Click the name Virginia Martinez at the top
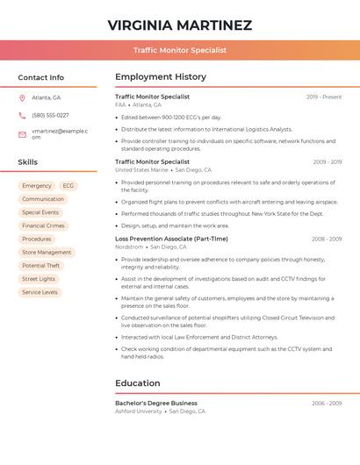(180, 25)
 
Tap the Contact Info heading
(41, 77)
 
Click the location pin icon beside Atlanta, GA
(22, 97)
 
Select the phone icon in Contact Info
(22, 115)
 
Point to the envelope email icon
(22, 133)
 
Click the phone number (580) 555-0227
(50, 115)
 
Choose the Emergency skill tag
(37, 186)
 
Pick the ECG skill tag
(68, 186)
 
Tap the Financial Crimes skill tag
(43, 225)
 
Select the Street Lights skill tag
(39, 279)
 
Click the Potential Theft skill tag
(41, 266)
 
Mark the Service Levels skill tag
(40, 292)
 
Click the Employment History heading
(161, 77)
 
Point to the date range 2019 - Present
(324, 97)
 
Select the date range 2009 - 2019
(327, 161)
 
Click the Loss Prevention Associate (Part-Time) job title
(171, 239)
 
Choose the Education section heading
(138, 383)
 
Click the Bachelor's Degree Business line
(156, 403)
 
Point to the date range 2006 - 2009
(327, 403)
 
